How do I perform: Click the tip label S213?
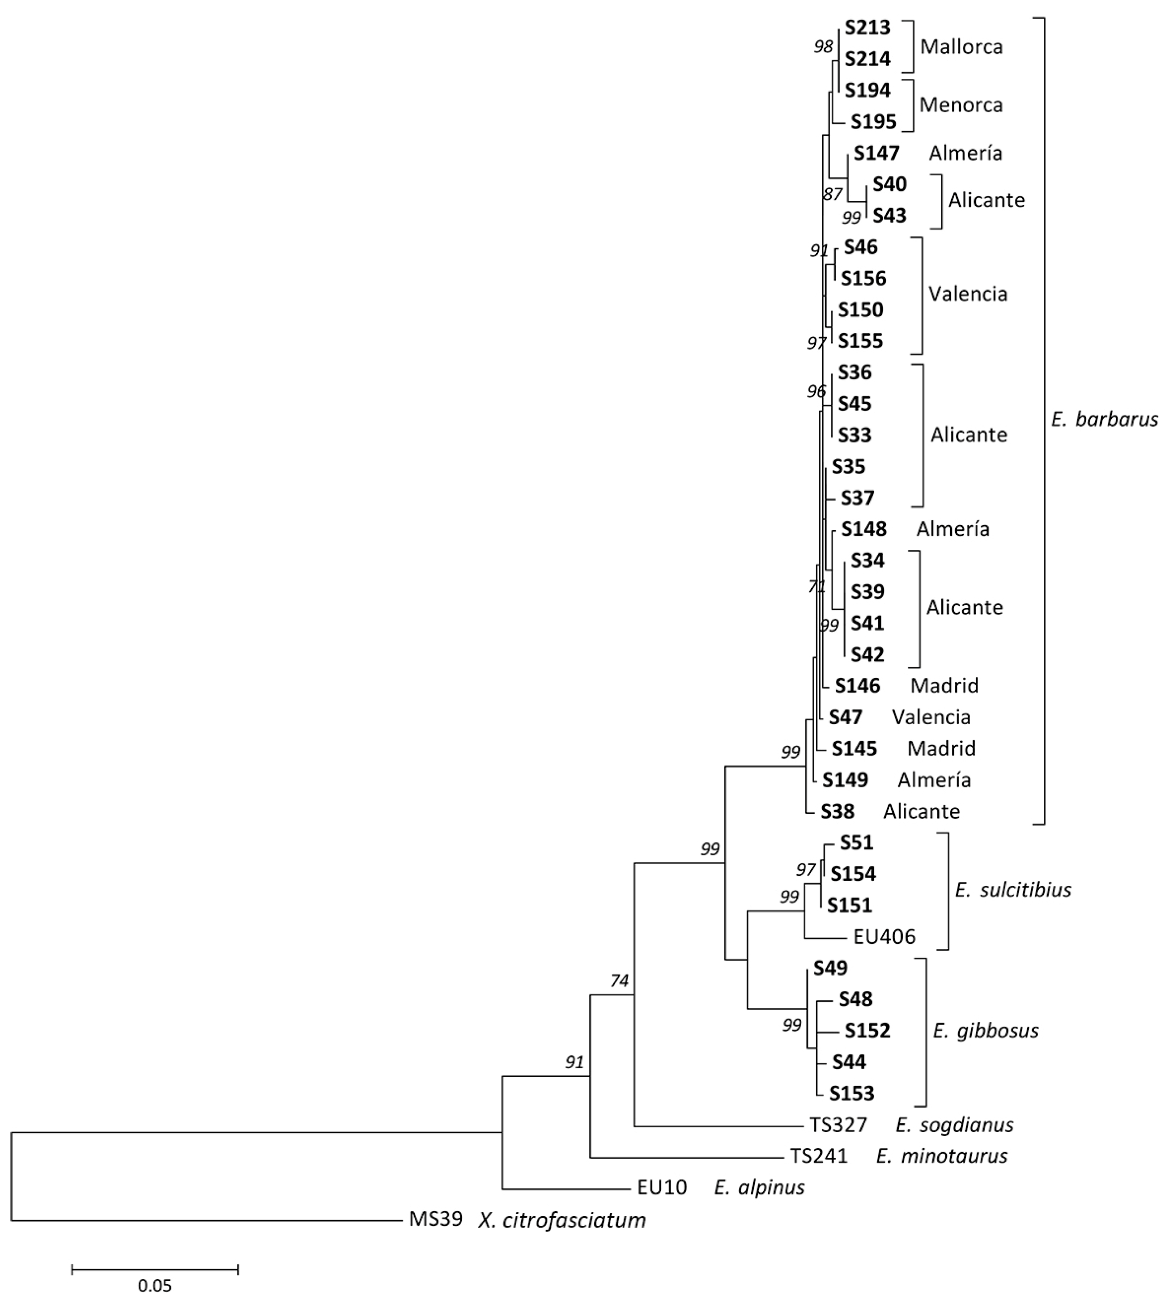(x=867, y=28)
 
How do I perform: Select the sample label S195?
(x=873, y=122)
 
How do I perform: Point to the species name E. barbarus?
(x=1104, y=419)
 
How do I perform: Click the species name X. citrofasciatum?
(x=561, y=1220)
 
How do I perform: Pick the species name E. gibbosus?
(x=986, y=1031)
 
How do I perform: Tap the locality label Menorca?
(x=961, y=105)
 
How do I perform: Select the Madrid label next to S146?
(x=944, y=685)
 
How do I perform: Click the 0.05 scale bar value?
(x=155, y=1285)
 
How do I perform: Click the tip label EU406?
(x=884, y=937)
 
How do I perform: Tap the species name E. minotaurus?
(x=942, y=1156)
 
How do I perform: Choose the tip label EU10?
(x=662, y=1187)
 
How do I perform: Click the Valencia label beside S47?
(x=931, y=717)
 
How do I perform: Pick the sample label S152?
(x=867, y=1031)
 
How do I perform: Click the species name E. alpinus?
(x=759, y=1187)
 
